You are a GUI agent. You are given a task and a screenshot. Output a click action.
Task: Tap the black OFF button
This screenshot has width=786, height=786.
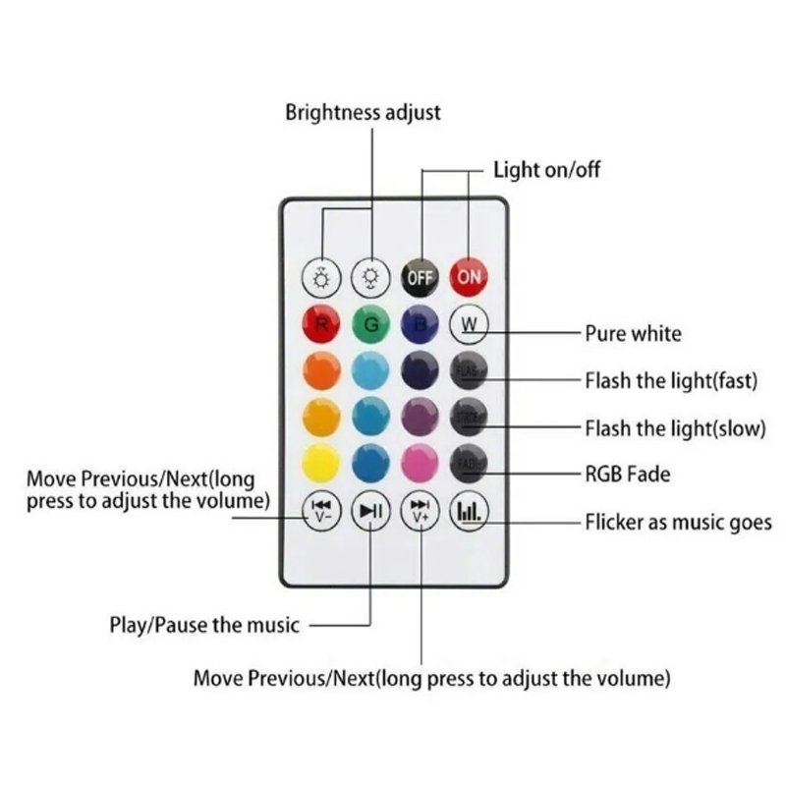click(420, 277)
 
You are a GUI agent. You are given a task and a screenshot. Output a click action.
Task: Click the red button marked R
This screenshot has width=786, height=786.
click(320, 323)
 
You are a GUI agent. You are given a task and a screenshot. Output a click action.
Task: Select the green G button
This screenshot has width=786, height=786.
click(370, 323)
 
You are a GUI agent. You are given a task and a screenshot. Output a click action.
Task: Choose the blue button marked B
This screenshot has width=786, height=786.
click(420, 323)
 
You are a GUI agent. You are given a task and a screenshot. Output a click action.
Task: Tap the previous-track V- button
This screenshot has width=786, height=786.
click(320, 510)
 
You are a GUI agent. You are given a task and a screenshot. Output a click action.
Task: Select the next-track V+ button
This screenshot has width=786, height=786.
click(421, 510)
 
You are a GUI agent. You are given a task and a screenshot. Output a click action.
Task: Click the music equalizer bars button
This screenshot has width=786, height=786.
click(469, 510)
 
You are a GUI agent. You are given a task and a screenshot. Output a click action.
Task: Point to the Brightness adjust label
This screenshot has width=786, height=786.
click(363, 112)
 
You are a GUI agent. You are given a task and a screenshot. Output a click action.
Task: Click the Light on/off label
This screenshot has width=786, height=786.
click(546, 170)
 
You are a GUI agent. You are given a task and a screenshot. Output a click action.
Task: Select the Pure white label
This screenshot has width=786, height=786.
click(633, 333)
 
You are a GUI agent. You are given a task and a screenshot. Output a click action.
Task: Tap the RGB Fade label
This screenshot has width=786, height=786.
click(628, 475)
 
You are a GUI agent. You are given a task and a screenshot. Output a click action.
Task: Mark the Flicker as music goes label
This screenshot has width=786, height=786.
click(678, 522)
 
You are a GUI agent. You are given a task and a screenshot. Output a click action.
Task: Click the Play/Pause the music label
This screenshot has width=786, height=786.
click(203, 624)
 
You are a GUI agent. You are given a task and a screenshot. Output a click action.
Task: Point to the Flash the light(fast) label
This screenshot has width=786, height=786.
click(671, 380)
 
